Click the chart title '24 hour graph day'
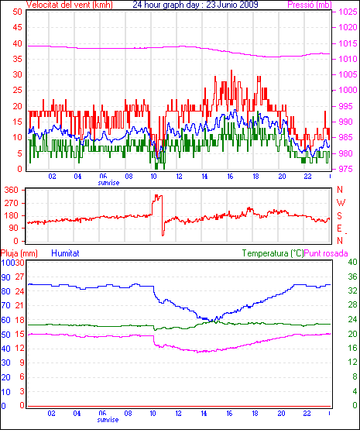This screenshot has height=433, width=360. (x=166, y=5)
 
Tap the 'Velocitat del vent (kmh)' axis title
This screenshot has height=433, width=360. (x=70, y=5)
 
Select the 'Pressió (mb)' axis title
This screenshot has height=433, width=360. (x=310, y=5)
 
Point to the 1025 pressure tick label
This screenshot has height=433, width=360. (x=348, y=12)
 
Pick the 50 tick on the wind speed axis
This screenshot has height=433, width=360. (x=17, y=12)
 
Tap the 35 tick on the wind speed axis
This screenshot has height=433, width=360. (x=17, y=59)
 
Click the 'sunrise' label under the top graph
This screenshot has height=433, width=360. (x=108, y=183)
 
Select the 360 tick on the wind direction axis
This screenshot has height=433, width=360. (x=12, y=190)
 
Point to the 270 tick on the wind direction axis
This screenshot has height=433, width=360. (x=12, y=203)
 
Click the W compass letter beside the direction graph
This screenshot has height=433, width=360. (x=341, y=203)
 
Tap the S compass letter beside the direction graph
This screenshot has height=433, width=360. (x=340, y=215)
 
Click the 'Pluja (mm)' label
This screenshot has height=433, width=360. (x=19, y=253)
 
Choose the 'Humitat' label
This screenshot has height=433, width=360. (x=65, y=253)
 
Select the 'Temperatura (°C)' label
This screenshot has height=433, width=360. (x=273, y=253)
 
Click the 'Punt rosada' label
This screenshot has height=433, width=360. (x=326, y=253)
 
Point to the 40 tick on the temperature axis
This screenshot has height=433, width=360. (x=352, y=262)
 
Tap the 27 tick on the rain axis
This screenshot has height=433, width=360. (x=19, y=277)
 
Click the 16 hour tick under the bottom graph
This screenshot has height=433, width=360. (x=229, y=414)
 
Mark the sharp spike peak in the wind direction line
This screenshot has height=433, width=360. (x=156, y=195)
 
